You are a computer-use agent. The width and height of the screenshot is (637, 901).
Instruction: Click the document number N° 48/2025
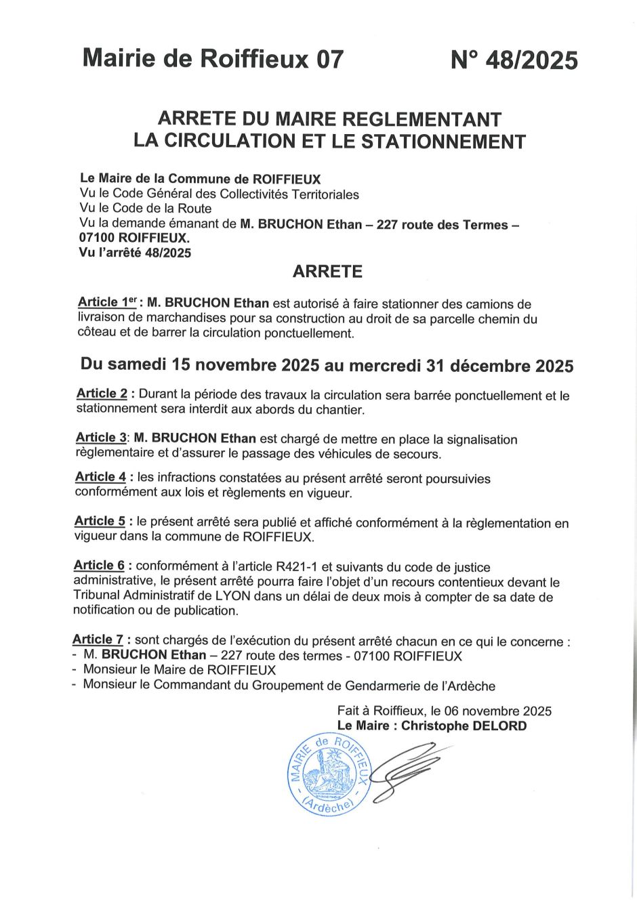(514, 60)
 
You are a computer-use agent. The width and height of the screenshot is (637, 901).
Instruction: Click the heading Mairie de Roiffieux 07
(213, 59)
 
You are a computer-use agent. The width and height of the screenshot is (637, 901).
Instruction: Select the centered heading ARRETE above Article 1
(327, 272)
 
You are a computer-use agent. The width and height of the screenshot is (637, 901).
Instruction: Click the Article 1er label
(107, 303)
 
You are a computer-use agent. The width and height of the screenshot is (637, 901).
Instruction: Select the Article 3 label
(101, 438)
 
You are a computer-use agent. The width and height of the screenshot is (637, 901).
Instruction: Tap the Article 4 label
(100, 478)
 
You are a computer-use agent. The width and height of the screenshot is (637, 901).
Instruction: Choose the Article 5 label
(100, 522)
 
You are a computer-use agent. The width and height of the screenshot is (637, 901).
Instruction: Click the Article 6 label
(99, 566)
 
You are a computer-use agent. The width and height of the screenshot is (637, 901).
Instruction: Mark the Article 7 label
(98, 640)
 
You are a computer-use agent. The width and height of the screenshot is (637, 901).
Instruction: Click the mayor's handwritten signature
(407, 769)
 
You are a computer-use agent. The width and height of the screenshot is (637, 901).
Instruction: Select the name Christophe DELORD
(464, 726)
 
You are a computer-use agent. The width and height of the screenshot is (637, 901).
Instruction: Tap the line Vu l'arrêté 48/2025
(136, 253)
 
